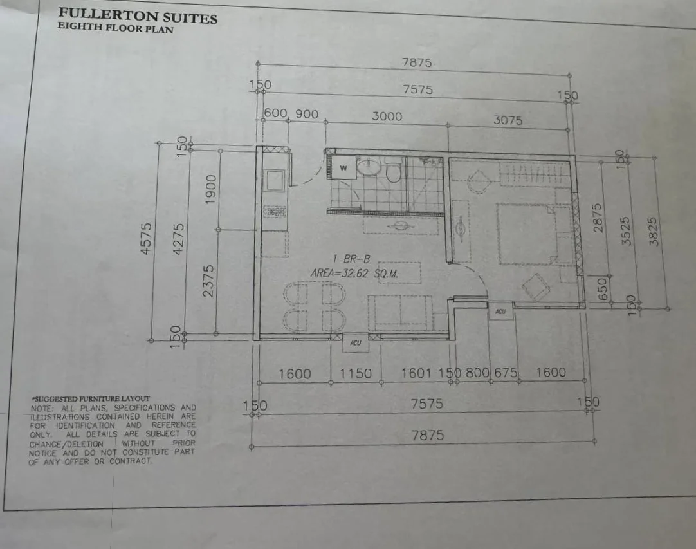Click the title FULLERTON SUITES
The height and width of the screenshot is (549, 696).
tap(138, 15)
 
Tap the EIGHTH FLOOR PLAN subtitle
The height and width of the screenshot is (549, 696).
tap(115, 28)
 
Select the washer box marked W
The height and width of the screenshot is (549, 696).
tap(343, 168)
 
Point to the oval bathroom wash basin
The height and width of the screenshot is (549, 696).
tap(369, 167)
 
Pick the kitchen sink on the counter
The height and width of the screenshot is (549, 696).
tap(275, 180)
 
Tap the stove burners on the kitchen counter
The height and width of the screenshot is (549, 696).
tap(275, 211)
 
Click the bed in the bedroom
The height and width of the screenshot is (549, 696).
tap(526, 234)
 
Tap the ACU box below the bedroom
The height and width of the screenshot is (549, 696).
tap(500, 312)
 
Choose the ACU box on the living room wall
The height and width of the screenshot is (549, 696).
tap(355, 343)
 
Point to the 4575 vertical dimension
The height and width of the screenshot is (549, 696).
tap(147, 239)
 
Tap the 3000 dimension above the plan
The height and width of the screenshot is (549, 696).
tap(387, 116)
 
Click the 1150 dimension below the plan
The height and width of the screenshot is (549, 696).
tap(355, 373)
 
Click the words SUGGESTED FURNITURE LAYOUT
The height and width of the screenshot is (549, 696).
tap(90, 399)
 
